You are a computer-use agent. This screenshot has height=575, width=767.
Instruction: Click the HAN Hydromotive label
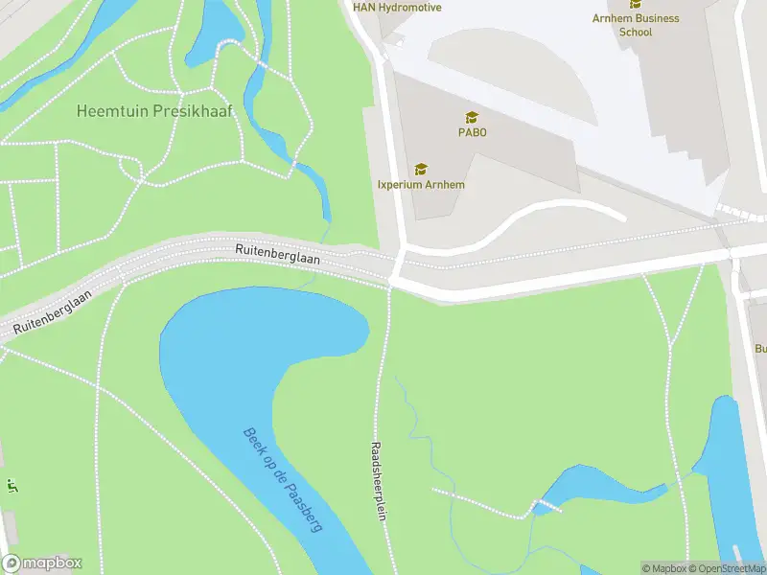tap(397, 8)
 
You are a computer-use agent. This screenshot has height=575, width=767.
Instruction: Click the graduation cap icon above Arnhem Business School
tap(636, 4)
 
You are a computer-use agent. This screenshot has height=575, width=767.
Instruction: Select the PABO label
tap(472, 132)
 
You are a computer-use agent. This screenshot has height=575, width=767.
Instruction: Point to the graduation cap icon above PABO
tap(472, 116)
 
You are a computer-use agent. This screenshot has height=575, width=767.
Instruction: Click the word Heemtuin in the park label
tap(110, 111)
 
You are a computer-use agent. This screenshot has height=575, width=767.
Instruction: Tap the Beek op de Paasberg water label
tap(282, 480)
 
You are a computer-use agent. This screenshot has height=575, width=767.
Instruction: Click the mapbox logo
tap(42, 563)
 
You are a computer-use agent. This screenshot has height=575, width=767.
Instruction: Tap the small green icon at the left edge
tap(12, 485)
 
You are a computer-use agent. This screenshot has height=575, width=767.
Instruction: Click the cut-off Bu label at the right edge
tap(760, 349)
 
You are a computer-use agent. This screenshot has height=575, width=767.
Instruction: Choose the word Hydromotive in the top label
tap(412, 8)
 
